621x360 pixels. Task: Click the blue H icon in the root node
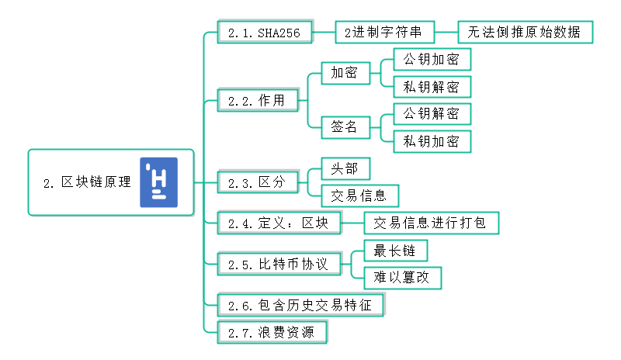coord(158,182)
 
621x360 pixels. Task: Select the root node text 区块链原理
coord(88,183)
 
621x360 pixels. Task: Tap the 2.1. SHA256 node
coord(264,33)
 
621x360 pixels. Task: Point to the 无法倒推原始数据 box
coord(525,33)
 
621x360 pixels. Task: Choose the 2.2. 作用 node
coord(257,100)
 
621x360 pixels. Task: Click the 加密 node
coord(344,74)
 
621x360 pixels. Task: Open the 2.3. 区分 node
coord(257,182)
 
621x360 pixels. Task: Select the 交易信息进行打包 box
coord(430,223)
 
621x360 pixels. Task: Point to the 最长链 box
coord(395,250)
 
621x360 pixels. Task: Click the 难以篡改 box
coord(402,277)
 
